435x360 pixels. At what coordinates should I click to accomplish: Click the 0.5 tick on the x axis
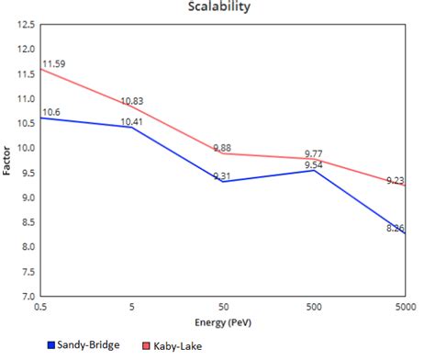point(40,309)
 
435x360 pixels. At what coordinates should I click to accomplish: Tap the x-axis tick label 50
point(222,309)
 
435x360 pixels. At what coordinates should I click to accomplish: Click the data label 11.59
point(52,63)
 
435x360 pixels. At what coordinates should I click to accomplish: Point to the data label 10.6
point(50,111)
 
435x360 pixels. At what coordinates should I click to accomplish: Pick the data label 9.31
point(223,176)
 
